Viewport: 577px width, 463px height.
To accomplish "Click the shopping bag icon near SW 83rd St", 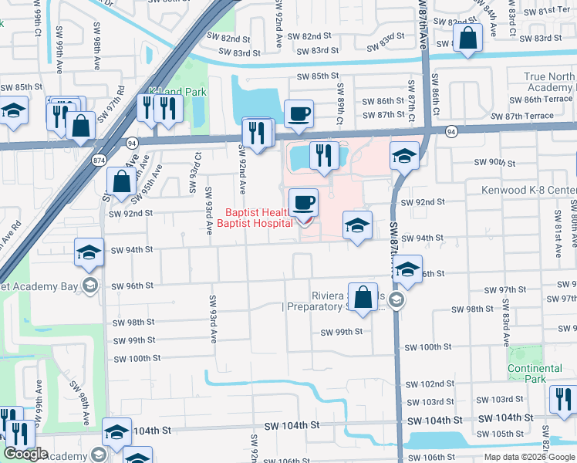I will point(467,38).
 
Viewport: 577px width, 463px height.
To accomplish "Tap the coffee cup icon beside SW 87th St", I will point(299,114).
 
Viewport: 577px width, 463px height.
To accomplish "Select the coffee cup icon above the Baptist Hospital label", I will point(303,202).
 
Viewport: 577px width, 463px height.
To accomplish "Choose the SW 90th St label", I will point(494,162).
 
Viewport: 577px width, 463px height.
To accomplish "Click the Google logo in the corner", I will point(25,455).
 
